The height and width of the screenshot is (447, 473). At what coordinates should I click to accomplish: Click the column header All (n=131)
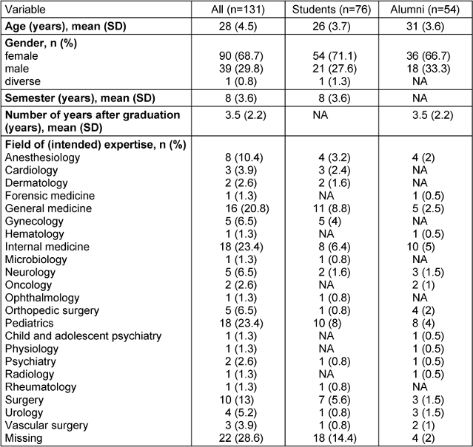tap(240, 9)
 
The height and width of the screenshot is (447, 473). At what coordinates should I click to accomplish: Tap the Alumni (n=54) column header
tap(427, 9)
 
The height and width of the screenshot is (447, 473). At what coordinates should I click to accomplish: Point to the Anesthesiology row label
tap(41, 158)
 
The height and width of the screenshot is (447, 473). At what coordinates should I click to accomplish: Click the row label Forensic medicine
tap(49, 196)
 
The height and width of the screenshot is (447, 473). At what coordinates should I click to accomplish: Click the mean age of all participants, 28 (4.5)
tap(240, 27)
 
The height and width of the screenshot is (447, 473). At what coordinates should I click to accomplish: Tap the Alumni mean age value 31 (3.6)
tap(427, 27)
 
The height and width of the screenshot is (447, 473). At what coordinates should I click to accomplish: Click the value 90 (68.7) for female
tap(240, 55)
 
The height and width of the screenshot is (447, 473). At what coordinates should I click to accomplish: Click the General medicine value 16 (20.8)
tap(240, 208)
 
